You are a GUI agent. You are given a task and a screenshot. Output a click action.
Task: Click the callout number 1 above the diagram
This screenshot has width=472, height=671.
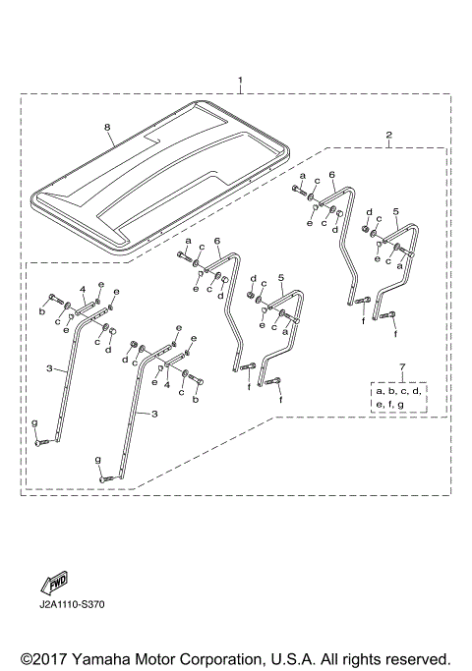(239, 79)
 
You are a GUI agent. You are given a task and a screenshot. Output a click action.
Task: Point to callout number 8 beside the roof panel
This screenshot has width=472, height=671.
(107, 127)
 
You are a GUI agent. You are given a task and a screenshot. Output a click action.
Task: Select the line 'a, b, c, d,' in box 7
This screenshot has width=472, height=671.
(401, 391)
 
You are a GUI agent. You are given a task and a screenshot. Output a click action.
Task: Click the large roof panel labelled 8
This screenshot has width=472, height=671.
(157, 177)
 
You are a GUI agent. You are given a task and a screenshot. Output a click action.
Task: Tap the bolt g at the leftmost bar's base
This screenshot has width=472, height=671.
(42, 443)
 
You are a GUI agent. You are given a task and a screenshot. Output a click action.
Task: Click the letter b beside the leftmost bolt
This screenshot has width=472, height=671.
(41, 311)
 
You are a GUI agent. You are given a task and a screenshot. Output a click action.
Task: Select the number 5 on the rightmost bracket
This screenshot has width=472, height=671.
(395, 211)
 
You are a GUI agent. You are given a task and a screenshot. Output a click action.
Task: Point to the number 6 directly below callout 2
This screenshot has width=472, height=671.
(331, 175)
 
